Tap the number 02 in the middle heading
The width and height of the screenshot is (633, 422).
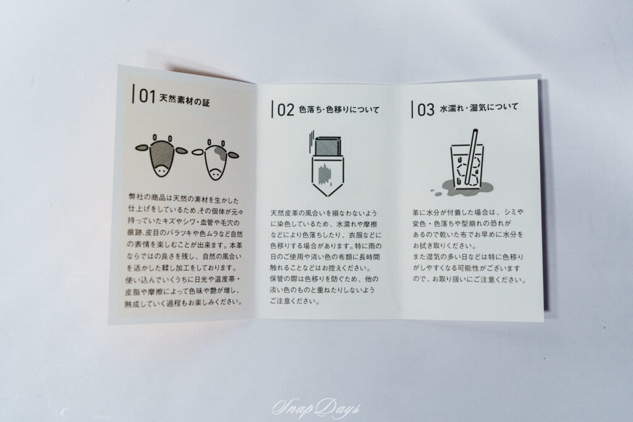click(x=285, y=110)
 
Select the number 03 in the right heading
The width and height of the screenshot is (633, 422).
click(x=426, y=110)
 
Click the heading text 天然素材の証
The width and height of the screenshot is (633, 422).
click(x=185, y=99)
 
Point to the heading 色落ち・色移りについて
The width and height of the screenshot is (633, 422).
click(x=338, y=110)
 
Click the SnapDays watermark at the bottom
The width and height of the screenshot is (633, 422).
click(x=316, y=408)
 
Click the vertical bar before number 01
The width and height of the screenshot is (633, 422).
click(x=134, y=94)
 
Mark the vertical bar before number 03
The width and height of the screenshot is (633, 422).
click(x=412, y=109)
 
